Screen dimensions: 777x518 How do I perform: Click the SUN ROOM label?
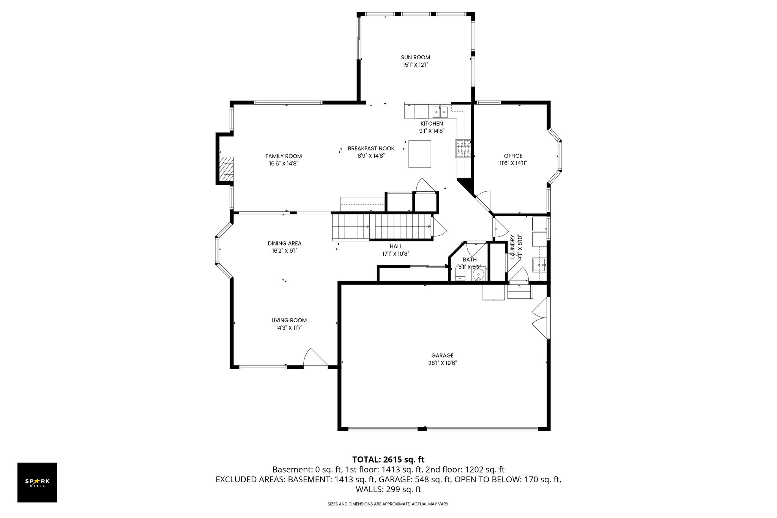point(415,57)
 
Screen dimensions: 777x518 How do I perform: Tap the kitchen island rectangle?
point(420,154)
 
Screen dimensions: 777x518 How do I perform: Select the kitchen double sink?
point(440,112)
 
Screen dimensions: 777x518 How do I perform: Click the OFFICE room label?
point(513,156)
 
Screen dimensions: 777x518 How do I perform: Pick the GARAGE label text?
point(442,356)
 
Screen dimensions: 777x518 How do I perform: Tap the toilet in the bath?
point(460,273)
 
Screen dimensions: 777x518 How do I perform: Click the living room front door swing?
point(315,358)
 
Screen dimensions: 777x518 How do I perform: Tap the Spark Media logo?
point(37,482)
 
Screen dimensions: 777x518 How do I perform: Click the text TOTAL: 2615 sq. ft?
point(388,460)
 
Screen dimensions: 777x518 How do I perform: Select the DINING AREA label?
point(284,243)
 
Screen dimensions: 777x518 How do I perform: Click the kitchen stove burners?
point(463,148)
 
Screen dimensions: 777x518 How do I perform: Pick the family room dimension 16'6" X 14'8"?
point(284,164)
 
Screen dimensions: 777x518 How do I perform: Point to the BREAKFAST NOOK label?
point(371,148)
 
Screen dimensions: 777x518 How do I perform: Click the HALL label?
point(396,246)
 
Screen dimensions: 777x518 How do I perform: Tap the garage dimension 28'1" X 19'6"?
point(442,363)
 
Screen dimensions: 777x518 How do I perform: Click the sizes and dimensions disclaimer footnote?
point(388,504)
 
